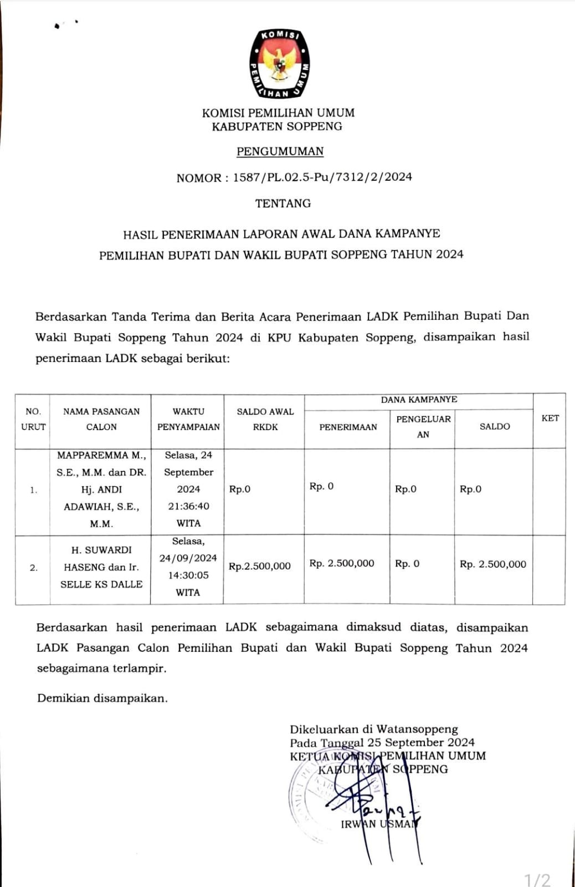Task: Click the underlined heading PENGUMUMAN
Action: pyautogui.click(x=280, y=151)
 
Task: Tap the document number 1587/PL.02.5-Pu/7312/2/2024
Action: pyautogui.click(x=322, y=177)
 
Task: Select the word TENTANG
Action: pyautogui.click(x=283, y=203)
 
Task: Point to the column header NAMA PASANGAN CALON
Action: pyautogui.click(x=101, y=419)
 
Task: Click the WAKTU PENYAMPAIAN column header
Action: pyautogui.click(x=188, y=419)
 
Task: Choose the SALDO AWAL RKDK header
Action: pyautogui.click(x=265, y=419)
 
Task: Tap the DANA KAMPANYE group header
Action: pyautogui.click(x=419, y=400)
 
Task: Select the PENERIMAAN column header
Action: pyautogui.click(x=348, y=427)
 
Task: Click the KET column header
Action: pyautogui.click(x=550, y=419)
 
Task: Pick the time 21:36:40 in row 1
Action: pyautogui.click(x=188, y=506)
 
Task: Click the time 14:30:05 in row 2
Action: pyautogui.click(x=188, y=575)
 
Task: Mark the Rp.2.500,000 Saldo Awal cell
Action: pyautogui.click(x=260, y=566)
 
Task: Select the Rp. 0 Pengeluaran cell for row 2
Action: pyautogui.click(x=407, y=564)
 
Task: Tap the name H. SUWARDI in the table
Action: pyautogui.click(x=101, y=550)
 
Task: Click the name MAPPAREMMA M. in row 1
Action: pyautogui.click(x=101, y=455)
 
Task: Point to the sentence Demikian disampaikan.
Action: pyautogui.click(x=102, y=699)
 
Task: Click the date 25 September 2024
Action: pyautogui.click(x=420, y=742)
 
